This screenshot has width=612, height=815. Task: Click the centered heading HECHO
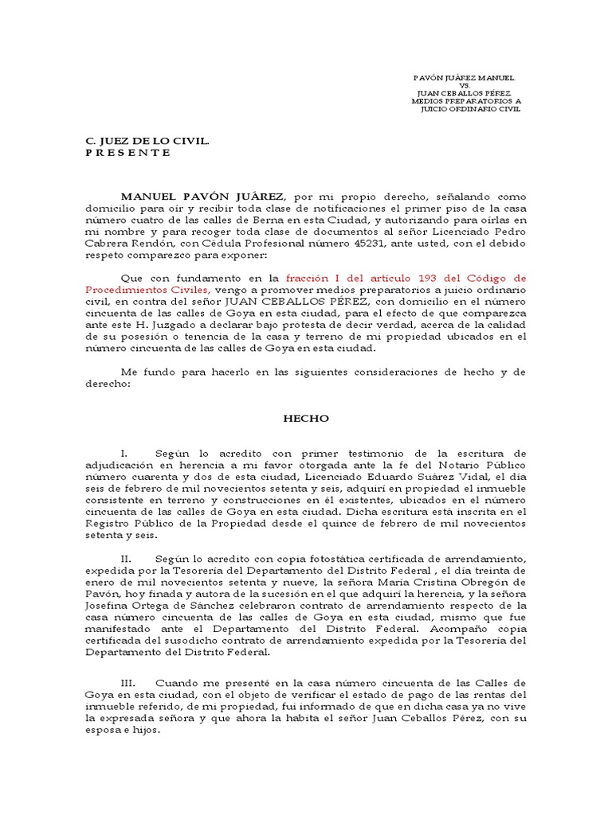[306, 418]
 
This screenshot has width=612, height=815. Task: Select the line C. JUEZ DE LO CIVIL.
[147, 141]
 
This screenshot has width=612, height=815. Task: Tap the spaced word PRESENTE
[127, 152]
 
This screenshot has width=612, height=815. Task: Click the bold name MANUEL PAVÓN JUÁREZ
[205, 197]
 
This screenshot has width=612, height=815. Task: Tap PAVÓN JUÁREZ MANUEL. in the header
[465, 79]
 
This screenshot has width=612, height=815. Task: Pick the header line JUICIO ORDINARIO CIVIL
[470, 109]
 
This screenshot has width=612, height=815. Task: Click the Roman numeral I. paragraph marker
[124, 452]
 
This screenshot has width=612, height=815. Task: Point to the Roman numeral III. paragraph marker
[129, 683]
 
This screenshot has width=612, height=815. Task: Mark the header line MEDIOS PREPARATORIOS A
[466, 101]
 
